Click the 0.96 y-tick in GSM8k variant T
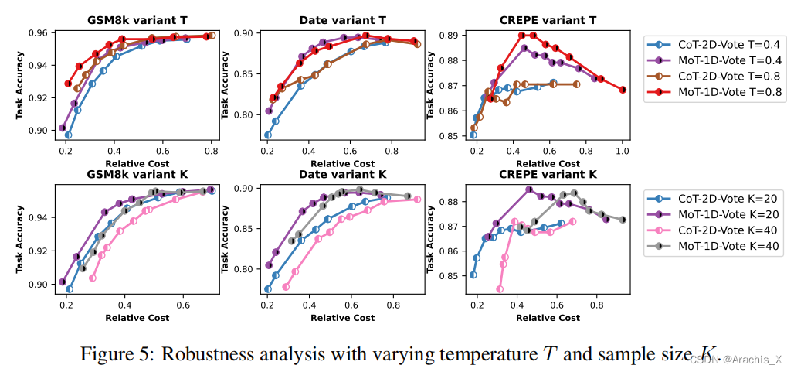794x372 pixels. (39, 33)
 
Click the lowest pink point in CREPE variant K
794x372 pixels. (499, 289)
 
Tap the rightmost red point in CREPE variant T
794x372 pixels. (623, 90)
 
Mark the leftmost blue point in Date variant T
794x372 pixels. (268, 135)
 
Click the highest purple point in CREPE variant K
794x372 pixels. (529, 189)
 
